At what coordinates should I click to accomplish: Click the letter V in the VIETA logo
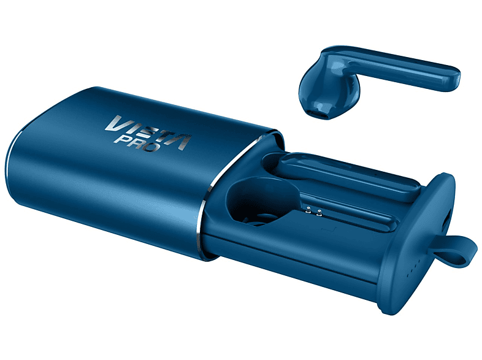115,123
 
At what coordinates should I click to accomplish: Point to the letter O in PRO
153,147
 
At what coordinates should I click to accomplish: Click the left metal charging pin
308,210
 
